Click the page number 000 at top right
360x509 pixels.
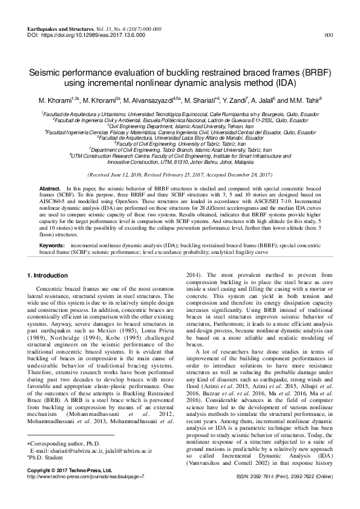pyautogui.click(x=329, y=36)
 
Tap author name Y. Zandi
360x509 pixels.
pyautogui.click(x=238, y=100)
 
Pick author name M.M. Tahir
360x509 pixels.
pyautogui.click(x=307, y=100)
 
